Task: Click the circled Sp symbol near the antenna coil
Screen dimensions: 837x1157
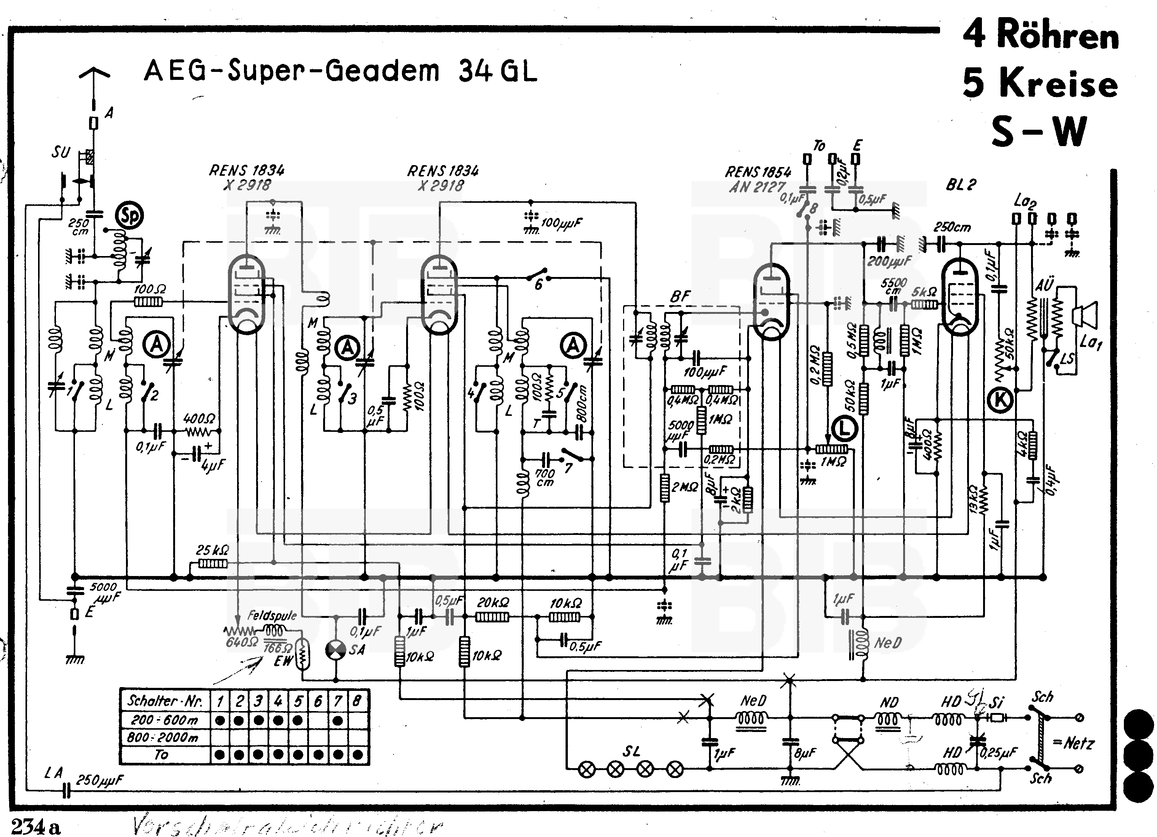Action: (x=129, y=216)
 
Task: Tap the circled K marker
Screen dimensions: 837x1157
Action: (x=1001, y=400)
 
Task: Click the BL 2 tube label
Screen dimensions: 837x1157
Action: (x=961, y=185)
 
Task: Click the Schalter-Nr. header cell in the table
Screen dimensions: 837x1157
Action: (x=165, y=701)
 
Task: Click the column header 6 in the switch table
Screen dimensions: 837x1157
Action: (x=318, y=701)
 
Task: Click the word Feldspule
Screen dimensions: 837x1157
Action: (x=272, y=615)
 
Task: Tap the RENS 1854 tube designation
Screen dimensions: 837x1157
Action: (x=758, y=172)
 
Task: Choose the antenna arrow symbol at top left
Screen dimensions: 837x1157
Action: (x=94, y=76)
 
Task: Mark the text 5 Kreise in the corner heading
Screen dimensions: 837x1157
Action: (x=1040, y=83)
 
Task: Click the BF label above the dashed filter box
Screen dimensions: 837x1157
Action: (x=680, y=296)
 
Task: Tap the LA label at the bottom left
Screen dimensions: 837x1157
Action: (x=53, y=773)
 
